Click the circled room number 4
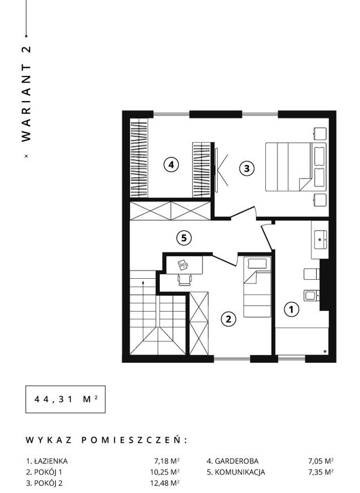(x=171, y=164)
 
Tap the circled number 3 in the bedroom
(x=247, y=168)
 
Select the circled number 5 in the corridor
(x=184, y=238)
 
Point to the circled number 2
(x=229, y=319)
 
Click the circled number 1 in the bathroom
(x=292, y=309)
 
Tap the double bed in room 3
(x=296, y=167)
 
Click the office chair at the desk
(x=185, y=279)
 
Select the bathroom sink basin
(x=321, y=240)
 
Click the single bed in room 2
(x=257, y=287)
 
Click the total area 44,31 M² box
(x=66, y=400)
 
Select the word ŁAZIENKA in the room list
(x=51, y=461)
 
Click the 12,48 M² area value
(x=165, y=483)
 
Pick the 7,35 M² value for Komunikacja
(x=321, y=472)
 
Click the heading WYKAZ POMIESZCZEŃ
(x=106, y=440)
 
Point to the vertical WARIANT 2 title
(x=26, y=94)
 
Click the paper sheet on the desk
(x=183, y=265)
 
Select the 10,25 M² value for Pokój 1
(x=165, y=472)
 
